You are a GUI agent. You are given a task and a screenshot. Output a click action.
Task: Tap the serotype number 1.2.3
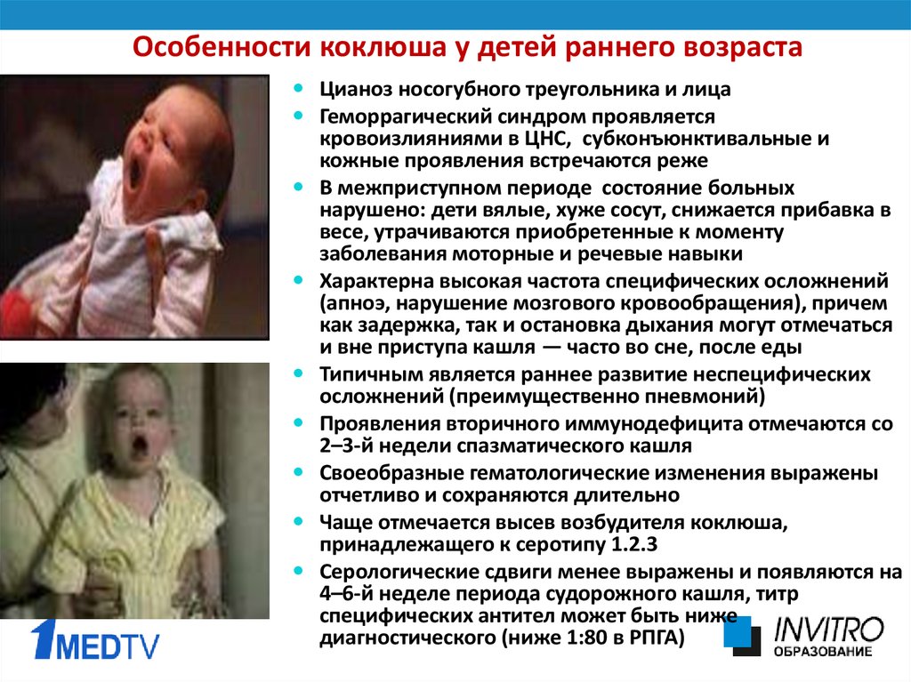click(x=634, y=545)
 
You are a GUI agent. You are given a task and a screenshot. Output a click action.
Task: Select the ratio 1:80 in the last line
click(x=586, y=638)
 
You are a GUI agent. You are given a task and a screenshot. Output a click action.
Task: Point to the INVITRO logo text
click(x=828, y=630)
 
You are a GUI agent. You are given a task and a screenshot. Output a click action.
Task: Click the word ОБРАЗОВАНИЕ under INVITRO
click(x=823, y=651)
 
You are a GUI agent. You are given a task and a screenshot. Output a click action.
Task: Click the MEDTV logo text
click(x=108, y=646)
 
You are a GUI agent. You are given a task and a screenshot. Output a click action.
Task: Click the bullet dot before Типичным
click(x=299, y=373)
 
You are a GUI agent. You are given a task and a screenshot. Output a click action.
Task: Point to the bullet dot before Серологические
click(x=299, y=571)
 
